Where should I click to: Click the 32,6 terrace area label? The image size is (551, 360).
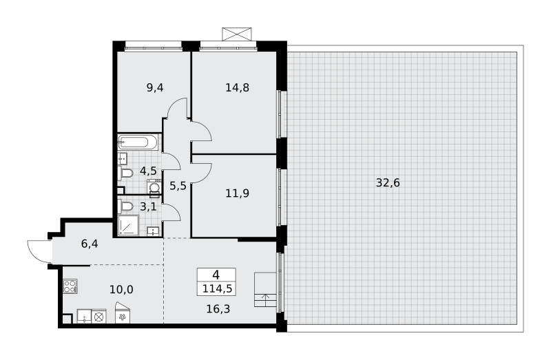coord(388,183)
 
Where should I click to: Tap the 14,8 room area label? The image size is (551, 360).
coord(237,87)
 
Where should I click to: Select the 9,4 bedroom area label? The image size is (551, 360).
coord(155,87)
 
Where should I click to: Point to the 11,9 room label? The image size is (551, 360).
coord(237,193)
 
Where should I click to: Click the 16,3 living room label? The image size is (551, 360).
coord(218,309)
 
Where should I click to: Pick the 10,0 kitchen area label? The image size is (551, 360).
coord(121,290)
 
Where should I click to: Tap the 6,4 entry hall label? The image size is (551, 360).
coord(90,244)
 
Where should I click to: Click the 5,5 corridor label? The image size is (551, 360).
coord(178,185)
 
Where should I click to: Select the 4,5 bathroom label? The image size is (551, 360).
coord(148,171)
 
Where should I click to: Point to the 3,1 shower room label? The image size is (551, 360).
coord(148,207)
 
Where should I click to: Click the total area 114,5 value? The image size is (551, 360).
coord(217,288)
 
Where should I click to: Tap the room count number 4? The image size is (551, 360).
coord(216,275)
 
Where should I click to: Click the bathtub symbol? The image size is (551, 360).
coord(138,142)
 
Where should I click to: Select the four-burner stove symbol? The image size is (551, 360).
coord(70,286)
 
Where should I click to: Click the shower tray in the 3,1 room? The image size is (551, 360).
coord(128,225)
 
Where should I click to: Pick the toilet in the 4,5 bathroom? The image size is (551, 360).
coord(127,173)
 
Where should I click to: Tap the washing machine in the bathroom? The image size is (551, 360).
coord(154,187)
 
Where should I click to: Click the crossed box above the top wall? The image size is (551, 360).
coord(237,34)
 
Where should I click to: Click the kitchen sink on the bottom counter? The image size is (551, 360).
coord(84,316)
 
